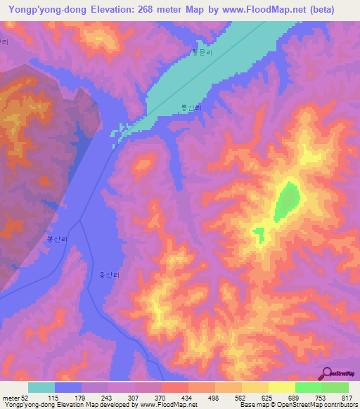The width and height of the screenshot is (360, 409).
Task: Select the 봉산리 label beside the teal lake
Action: [191, 108]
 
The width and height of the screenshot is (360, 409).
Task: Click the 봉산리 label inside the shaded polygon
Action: [56, 239]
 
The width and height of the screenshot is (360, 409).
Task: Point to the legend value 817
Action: [347, 398]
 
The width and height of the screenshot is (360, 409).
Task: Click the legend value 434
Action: [188, 398]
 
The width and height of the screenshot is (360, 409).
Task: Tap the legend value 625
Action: [267, 398]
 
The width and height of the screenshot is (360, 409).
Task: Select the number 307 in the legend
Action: [134, 398]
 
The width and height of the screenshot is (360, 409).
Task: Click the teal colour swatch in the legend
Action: [41, 387]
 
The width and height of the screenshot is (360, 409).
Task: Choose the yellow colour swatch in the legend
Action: [281, 387]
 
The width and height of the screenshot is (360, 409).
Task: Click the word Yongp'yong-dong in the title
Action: [43, 9]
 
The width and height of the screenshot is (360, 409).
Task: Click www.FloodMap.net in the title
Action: [260, 9]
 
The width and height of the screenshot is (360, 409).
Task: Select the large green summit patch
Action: [287, 200]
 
